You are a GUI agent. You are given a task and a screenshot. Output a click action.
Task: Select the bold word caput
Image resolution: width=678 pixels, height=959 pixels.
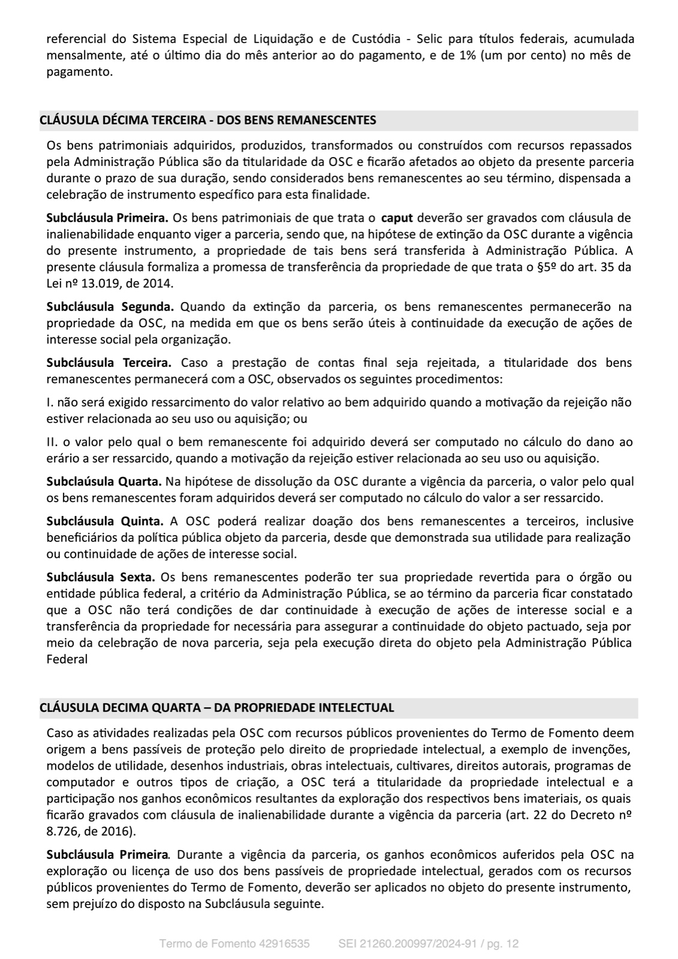pyautogui.click(x=397, y=218)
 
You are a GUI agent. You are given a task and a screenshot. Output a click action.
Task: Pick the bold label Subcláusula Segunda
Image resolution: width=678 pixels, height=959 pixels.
pyautogui.click(x=110, y=307)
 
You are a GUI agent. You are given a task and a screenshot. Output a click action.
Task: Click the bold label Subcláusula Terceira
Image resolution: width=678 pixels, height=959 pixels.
pyautogui.click(x=109, y=363)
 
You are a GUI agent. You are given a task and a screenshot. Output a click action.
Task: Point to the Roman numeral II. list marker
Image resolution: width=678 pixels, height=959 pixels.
pyautogui.click(x=52, y=442)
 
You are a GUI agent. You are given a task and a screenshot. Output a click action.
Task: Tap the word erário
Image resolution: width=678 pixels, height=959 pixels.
pyautogui.click(x=61, y=459)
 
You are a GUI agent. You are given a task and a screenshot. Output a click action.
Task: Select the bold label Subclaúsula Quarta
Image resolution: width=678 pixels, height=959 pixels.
pyautogui.click(x=104, y=481)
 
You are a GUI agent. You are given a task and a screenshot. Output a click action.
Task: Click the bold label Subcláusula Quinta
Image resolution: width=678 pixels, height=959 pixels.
pyautogui.click(x=105, y=521)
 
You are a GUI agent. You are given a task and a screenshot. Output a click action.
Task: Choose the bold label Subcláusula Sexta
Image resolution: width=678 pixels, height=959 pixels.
pyautogui.click(x=101, y=577)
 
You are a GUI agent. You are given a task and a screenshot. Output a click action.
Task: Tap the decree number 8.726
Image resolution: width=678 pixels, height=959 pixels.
pyautogui.click(x=61, y=831)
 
